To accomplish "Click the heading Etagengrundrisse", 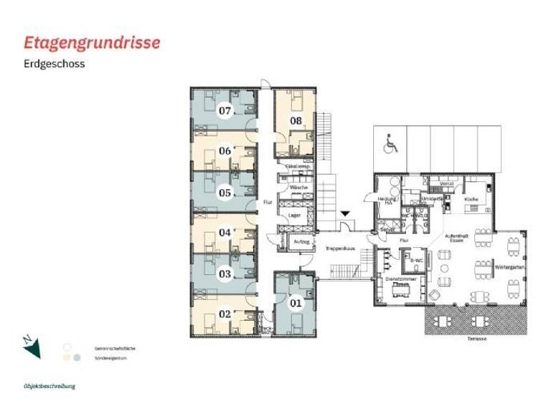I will [x=92, y=42].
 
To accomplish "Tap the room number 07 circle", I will [x=225, y=111].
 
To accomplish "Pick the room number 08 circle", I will [x=296, y=121].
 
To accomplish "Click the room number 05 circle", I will [x=225, y=192].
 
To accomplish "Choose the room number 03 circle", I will [x=225, y=274].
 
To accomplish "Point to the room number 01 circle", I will [x=296, y=302].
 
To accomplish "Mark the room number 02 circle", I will [x=225, y=314].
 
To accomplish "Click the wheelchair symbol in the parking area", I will [x=390, y=145].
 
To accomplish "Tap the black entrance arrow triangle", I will [x=345, y=213].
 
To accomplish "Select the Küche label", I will [x=471, y=198].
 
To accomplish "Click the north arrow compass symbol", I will [x=32, y=347].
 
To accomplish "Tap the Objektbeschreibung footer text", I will [x=48, y=386].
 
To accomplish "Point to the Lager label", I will [x=293, y=214].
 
